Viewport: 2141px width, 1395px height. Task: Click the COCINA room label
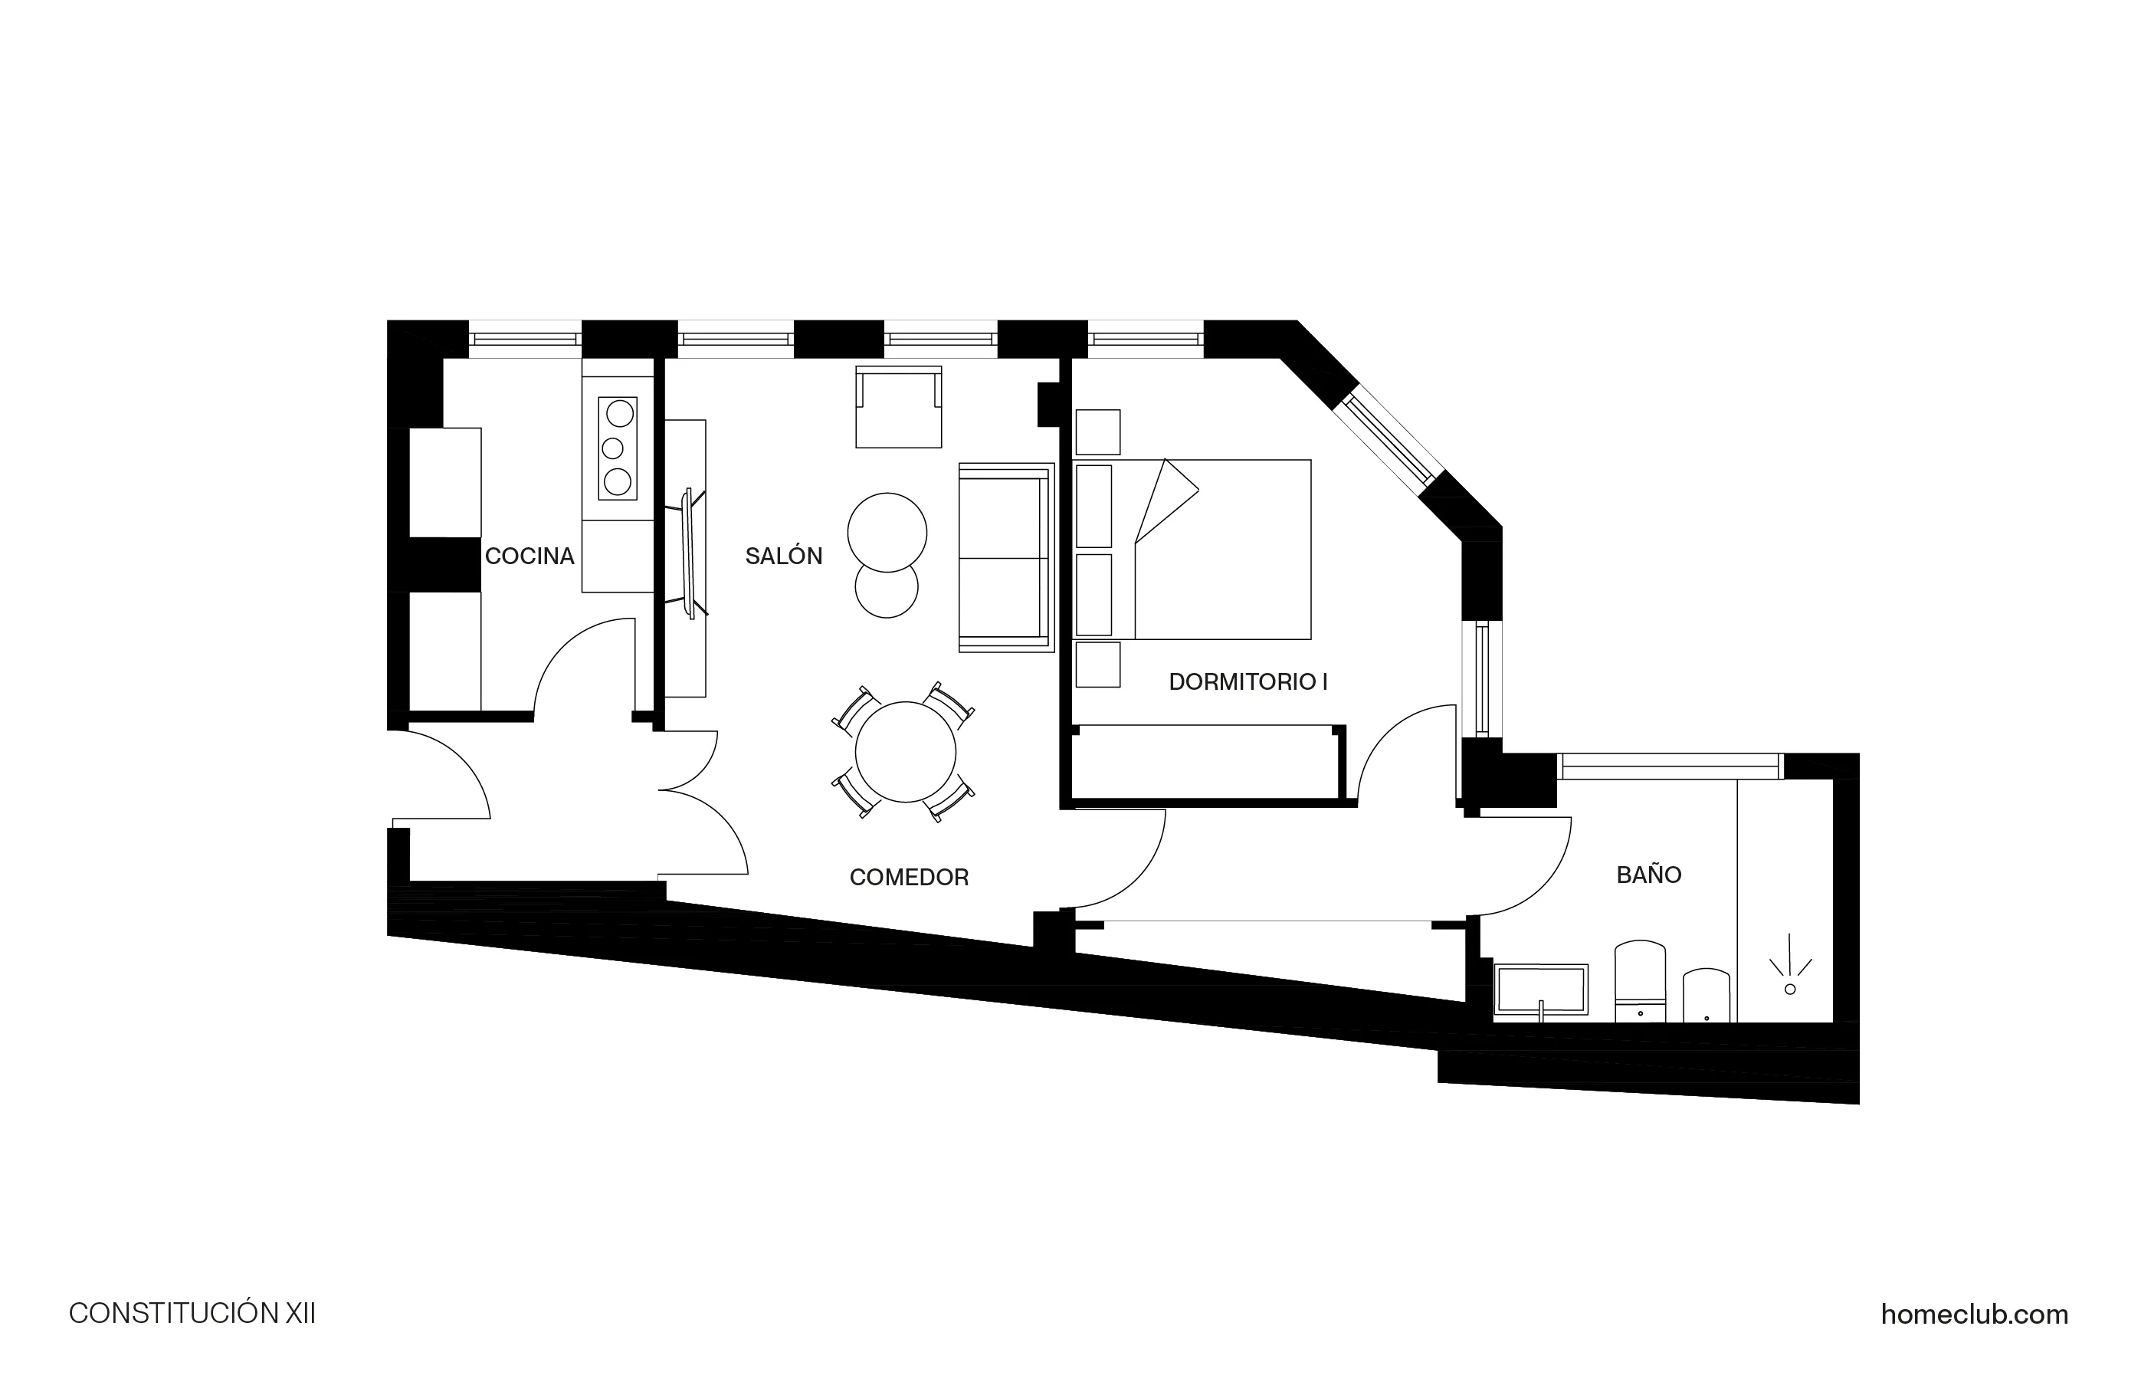coord(529,556)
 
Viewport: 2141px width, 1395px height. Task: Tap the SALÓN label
coord(784,556)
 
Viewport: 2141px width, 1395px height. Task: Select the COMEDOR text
coord(909,878)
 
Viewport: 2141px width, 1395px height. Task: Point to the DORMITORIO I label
coord(1248,682)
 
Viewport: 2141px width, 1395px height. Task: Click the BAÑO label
coord(1648,875)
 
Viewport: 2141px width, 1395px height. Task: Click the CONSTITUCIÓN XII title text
coord(192,1314)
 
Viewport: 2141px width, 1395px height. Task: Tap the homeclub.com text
coord(1974,1315)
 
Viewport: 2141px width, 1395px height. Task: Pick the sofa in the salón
coord(1005,558)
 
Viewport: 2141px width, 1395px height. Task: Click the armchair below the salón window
coord(898,409)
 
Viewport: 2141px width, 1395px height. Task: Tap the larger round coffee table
coord(887,532)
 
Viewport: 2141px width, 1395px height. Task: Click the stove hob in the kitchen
coord(617,448)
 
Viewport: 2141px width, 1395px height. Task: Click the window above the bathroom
coord(1670,766)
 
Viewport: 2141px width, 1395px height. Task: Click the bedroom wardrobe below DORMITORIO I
coord(1205,763)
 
